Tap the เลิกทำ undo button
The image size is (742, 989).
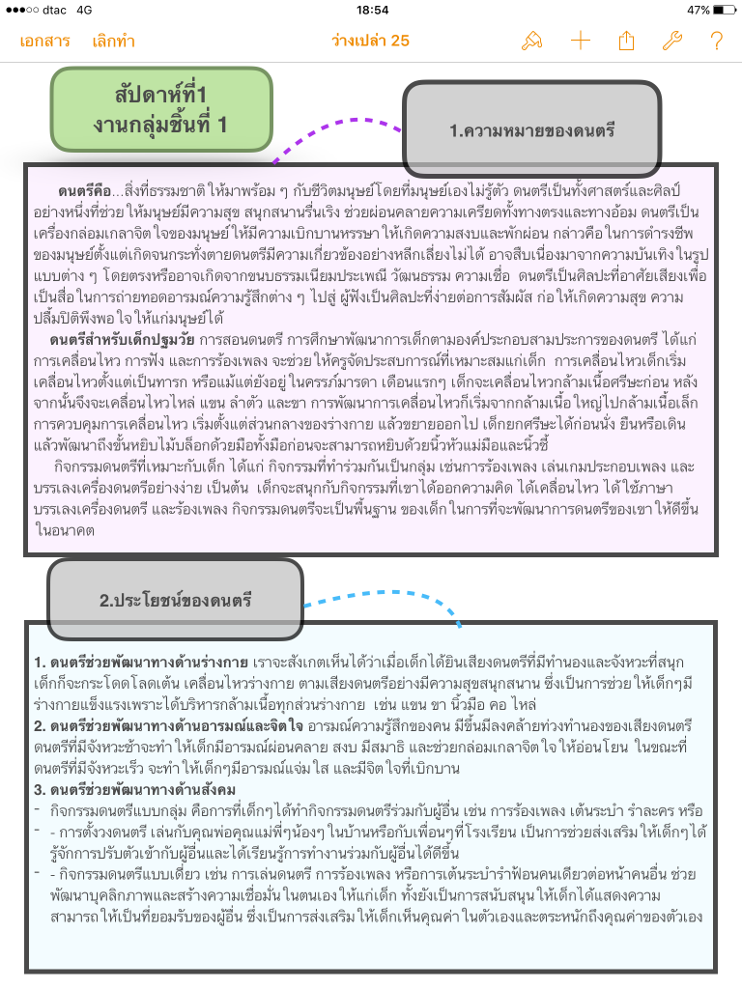(114, 41)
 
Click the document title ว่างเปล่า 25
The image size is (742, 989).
(370, 41)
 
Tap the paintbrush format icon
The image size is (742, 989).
(531, 41)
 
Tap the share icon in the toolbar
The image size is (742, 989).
(626, 41)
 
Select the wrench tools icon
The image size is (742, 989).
(671, 41)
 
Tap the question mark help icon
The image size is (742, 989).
(716, 41)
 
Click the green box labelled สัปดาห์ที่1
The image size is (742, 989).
(161, 109)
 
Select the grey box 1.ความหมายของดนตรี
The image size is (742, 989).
(531, 128)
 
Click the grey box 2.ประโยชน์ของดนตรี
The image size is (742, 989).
(175, 600)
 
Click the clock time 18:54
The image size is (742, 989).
(371, 10)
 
